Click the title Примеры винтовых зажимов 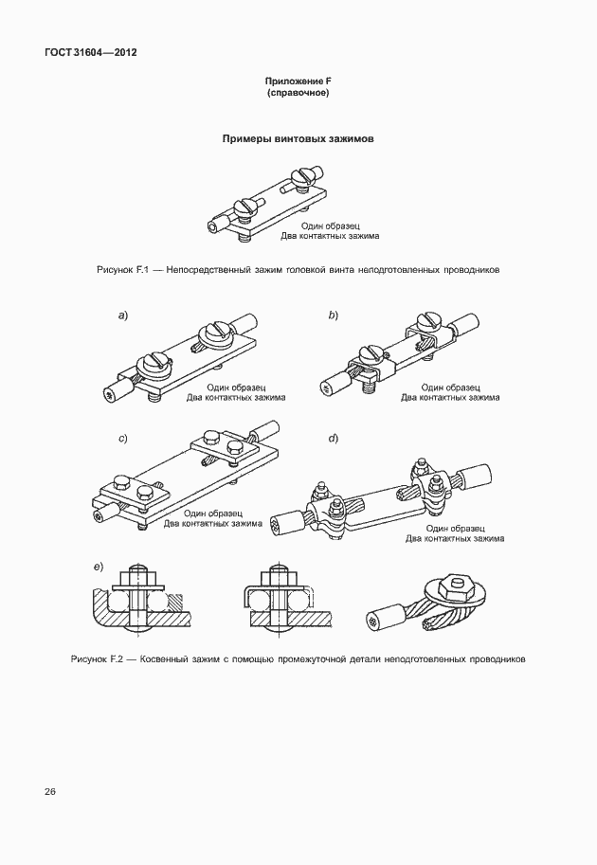(x=298, y=138)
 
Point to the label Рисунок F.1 (x=118, y=270)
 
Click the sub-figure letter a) (x=123, y=315)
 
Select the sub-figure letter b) (x=334, y=315)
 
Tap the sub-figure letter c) (x=123, y=439)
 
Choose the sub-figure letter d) (x=334, y=439)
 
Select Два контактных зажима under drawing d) (x=455, y=538)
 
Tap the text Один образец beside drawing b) (x=450, y=387)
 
